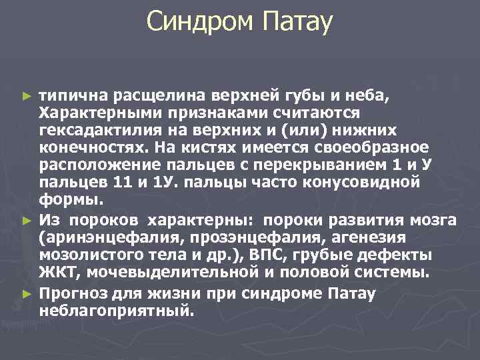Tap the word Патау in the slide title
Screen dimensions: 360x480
click(x=297, y=23)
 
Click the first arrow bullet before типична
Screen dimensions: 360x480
click(x=27, y=97)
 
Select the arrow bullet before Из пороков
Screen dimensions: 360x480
click(x=27, y=220)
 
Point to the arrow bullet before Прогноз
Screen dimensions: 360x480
click(x=27, y=293)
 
